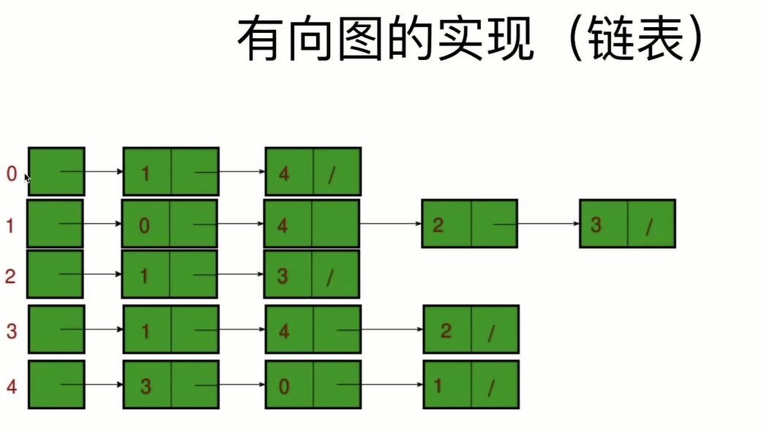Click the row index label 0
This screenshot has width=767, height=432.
11,174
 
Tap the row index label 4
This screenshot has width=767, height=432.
11,384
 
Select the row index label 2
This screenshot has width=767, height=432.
11,276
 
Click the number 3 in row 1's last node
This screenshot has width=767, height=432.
596,225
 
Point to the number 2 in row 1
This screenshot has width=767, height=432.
438,225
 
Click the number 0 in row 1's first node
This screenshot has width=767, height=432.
144,225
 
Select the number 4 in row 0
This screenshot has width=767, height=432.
283,175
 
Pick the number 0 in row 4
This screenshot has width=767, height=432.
283,385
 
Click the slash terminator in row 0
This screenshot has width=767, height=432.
331,176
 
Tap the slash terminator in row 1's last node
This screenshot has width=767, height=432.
648,227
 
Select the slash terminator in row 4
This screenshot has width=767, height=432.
491,387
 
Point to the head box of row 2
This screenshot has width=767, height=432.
56,274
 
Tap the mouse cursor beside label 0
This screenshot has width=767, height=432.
27,178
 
